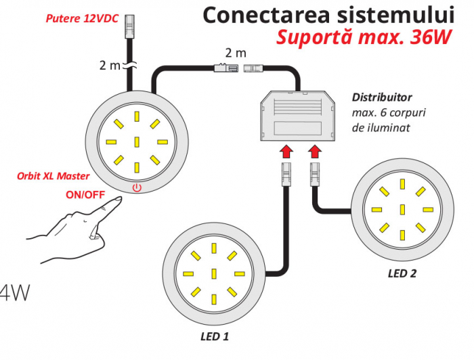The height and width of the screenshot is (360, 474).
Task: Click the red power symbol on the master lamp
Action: pyautogui.click(x=137, y=188)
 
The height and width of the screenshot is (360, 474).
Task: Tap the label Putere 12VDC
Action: pyautogui.click(x=82, y=19)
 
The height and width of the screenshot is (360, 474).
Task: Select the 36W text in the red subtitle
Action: pyautogui.click(x=431, y=37)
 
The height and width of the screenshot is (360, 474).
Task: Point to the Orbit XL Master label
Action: pyautogui.click(x=53, y=176)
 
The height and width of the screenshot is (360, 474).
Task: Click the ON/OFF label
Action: pyautogui.click(x=85, y=195)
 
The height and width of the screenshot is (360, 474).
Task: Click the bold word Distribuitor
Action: pyautogui.click(x=382, y=97)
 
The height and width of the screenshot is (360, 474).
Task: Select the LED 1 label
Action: pyautogui.click(x=215, y=336)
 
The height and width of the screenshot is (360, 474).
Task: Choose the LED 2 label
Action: pyautogui.click(x=402, y=273)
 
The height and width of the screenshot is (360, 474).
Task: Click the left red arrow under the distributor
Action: pyautogui.click(x=286, y=151)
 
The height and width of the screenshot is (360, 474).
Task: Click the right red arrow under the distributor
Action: pyautogui.click(x=315, y=151)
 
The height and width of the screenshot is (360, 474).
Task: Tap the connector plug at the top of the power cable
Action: pyautogui.click(x=129, y=26)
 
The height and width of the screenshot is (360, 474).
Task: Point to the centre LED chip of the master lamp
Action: pyautogui.click(x=137, y=142)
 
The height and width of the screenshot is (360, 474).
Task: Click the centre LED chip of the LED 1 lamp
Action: pyautogui.click(x=214, y=273)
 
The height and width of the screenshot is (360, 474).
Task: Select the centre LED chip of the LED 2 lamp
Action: pyautogui.click(x=402, y=210)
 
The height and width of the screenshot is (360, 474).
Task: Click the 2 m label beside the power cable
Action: pyautogui.click(x=110, y=65)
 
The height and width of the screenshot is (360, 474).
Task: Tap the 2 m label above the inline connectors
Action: pyautogui.click(x=236, y=53)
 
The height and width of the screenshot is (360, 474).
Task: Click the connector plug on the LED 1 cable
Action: pyautogui.click(x=286, y=175)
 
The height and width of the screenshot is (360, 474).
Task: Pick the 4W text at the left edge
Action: pyautogui.click(x=14, y=292)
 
